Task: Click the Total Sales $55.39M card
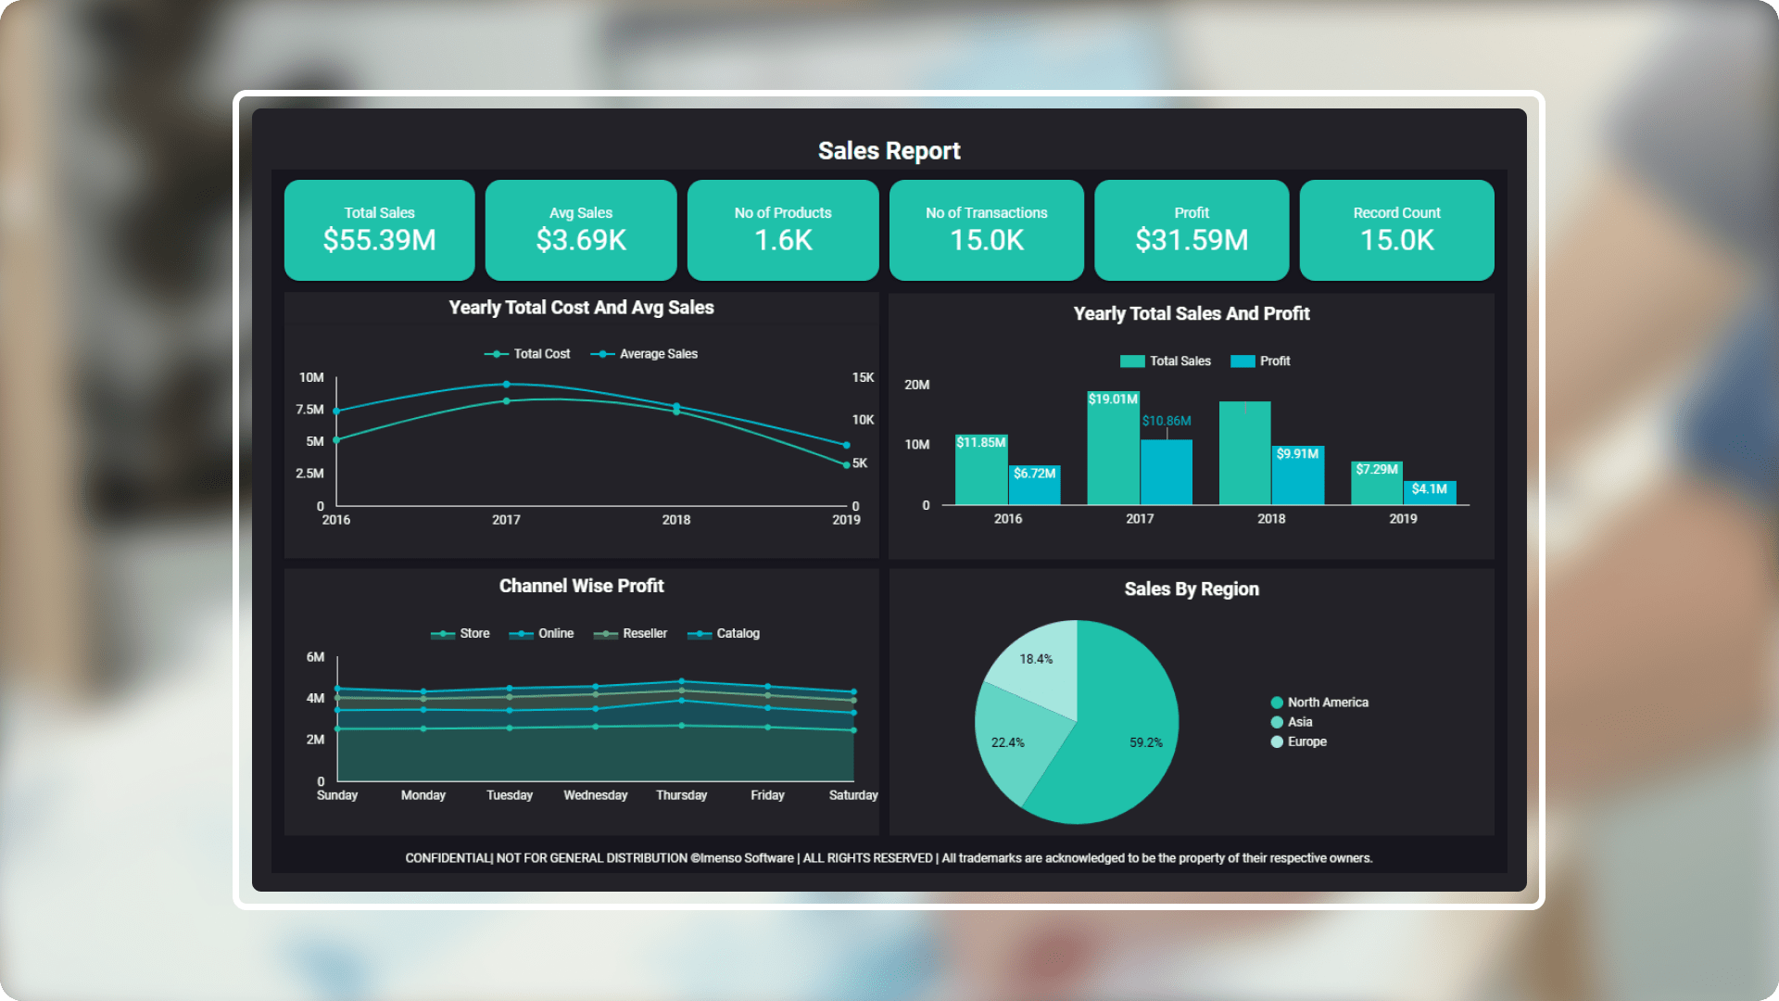click(x=379, y=230)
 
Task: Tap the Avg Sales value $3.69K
click(x=581, y=241)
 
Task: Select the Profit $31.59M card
click(x=1192, y=230)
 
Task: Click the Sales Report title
click(x=889, y=151)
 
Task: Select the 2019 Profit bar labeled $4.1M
click(x=1430, y=494)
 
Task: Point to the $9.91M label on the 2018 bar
click(x=1297, y=454)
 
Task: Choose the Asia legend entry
click(x=1299, y=722)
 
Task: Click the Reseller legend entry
click(x=644, y=634)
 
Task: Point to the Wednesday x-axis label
click(x=595, y=795)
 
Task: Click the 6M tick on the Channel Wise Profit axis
click(x=315, y=657)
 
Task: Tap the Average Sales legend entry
click(x=658, y=354)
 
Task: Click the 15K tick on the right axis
click(x=863, y=378)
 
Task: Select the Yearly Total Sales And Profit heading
click(x=1191, y=314)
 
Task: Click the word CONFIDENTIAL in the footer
click(x=448, y=858)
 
